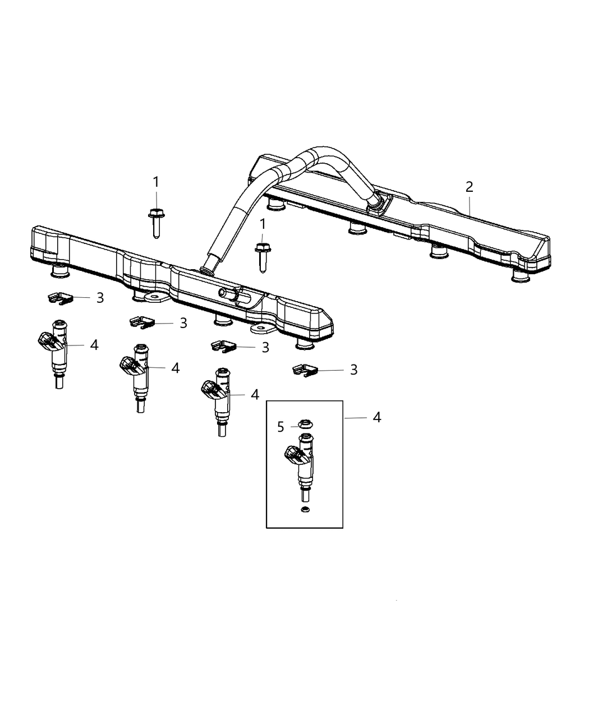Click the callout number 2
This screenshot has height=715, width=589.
click(x=470, y=186)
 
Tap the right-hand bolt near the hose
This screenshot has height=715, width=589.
click(x=262, y=255)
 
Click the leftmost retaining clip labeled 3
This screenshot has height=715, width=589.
click(x=58, y=298)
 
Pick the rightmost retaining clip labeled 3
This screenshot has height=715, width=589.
click(x=305, y=370)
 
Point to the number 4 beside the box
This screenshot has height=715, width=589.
click(x=377, y=417)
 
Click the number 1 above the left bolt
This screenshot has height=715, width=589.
click(x=156, y=182)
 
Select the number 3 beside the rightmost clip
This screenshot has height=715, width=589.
click(x=353, y=370)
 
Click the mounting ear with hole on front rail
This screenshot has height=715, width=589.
click(x=261, y=329)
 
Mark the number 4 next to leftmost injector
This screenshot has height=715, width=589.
click(x=94, y=345)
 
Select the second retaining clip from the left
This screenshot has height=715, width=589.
click(x=142, y=322)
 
